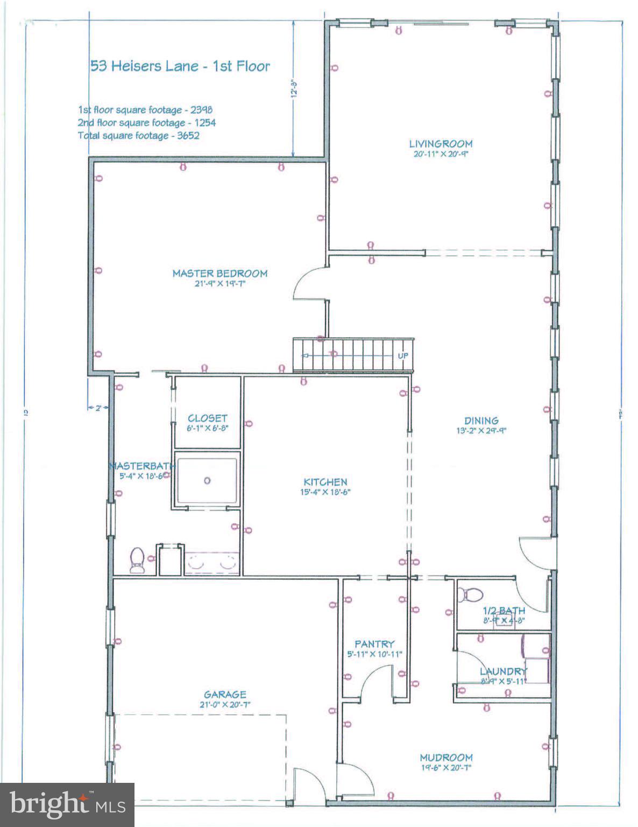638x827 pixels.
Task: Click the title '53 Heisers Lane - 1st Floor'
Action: pyautogui.click(x=180, y=66)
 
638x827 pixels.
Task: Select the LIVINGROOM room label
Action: pyautogui.click(x=441, y=144)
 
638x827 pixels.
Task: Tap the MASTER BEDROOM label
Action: pyautogui.click(x=219, y=274)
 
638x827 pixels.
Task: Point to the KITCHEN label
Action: pyautogui.click(x=325, y=482)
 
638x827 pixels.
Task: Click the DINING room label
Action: pyautogui.click(x=481, y=420)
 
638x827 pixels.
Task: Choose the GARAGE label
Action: pyautogui.click(x=225, y=695)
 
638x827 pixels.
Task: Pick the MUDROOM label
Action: pyautogui.click(x=446, y=758)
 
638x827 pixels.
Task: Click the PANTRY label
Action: pyautogui.click(x=374, y=644)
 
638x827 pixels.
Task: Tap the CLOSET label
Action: pyautogui.click(x=207, y=418)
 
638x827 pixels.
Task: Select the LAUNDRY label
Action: pyautogui.click(x=504, y=671)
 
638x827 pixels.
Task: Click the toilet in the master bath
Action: pyautogui.click(x=137, y=559)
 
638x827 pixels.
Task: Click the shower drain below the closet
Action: pyautogui.click(x=207, y=481)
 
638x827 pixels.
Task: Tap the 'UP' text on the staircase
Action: pyautogui.click(x=402, y=356)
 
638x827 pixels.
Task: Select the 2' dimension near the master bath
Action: pyautogui.click(x=98, y=408)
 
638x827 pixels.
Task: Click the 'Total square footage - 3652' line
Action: pyautogui.click(x=139, y=136)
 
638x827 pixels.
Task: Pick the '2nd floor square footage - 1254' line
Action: pyautogui.click(x=146, y=123)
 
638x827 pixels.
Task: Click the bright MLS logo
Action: pyautogui.click(x=67, y=804)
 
